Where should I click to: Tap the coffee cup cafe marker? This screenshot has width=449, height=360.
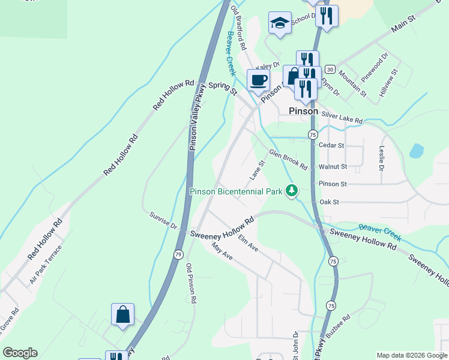click(x=259, y=80)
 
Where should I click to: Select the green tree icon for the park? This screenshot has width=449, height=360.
click(x=292, y=190)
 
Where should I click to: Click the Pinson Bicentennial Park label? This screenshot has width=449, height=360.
click(x=236, y=192)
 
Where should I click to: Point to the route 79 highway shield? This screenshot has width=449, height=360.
click(x=178, y=255)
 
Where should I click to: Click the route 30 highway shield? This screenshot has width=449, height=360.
click(x=331, y=70)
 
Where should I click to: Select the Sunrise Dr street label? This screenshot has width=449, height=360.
click(x=163, y=221)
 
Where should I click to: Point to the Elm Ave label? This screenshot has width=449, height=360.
click(x=247, y=243)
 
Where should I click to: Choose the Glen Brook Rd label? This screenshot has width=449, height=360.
click(x=288, y=159)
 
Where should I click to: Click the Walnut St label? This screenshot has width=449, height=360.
click(x=333, y=166)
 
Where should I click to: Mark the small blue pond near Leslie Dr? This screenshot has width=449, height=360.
click(x=416, y=151)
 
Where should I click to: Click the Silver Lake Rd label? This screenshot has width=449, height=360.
click(x=342, y=117)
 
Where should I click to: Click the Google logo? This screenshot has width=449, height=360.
click(x=20, y=353)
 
